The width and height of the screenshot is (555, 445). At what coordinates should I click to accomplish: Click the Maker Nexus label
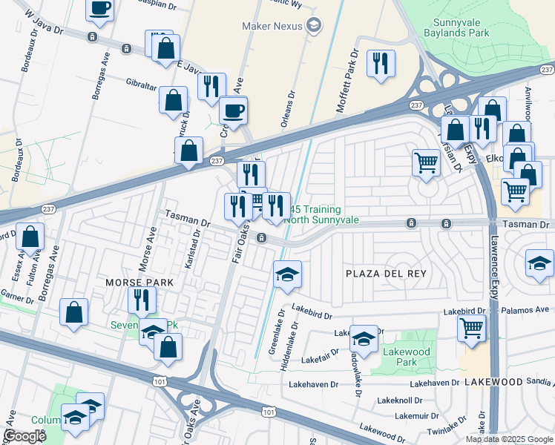[272, 26]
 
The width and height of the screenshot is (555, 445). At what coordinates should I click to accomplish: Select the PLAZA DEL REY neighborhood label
[387, 274]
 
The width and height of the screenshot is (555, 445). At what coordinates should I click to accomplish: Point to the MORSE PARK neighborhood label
[139, 283]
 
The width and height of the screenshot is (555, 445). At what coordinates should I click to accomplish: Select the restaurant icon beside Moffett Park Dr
[381, 65]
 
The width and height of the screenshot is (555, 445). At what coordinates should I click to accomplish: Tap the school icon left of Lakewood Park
[364, 339]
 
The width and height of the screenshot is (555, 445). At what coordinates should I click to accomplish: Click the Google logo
[24, 436]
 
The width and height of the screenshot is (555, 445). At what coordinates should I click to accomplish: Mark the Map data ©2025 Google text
[508, 439]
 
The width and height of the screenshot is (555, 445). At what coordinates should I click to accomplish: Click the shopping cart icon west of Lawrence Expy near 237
[425, 163]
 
